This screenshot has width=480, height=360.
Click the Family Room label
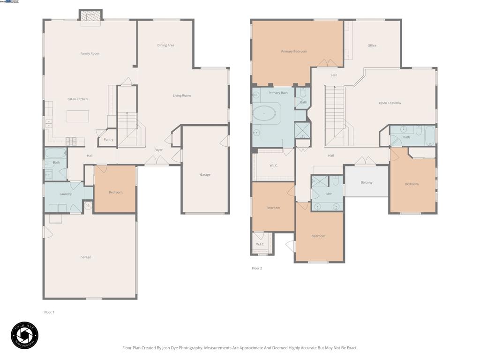click(90, 53)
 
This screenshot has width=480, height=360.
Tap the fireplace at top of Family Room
click(90, 16)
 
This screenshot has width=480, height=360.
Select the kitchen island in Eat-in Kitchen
click(77, 116)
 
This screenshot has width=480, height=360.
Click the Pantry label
click(108, 139)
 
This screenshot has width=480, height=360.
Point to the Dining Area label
click(165, 45)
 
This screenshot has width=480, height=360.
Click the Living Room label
click(181, 96)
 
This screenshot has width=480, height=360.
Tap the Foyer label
click(158, 150)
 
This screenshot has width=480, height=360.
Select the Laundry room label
click(66, 194)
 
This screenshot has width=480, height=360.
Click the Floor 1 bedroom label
click(115, 192)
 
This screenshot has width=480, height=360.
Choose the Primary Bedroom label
click(294, 51)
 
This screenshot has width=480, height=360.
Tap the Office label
click(372, 45)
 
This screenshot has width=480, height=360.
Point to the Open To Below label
click(390, 103)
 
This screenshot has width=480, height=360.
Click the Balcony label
click(367, 182)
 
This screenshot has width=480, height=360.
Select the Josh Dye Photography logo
click(24, 335)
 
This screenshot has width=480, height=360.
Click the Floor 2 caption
click(257, 268)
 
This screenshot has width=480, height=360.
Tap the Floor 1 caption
click(49, 312)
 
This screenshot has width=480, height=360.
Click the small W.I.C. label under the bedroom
click(260, 244)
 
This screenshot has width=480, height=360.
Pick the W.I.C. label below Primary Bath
click(274, 165)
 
